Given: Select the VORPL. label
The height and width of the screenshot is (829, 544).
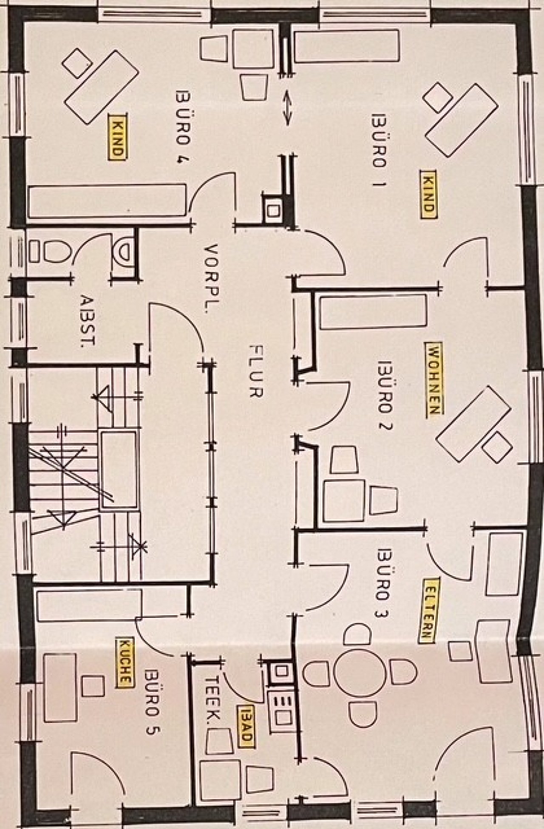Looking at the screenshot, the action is (x=211, y=278).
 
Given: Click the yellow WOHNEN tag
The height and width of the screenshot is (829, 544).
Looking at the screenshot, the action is (x=434, y=379).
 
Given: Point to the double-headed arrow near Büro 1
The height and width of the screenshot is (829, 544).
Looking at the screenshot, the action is (x=288, y=107).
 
